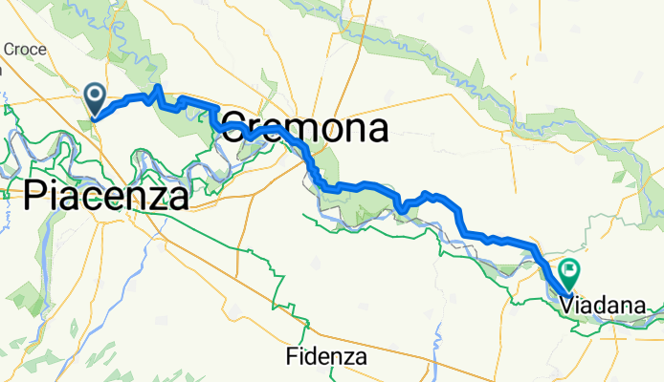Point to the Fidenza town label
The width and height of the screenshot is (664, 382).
pos(327,358)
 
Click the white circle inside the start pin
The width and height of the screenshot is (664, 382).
pos(96,93)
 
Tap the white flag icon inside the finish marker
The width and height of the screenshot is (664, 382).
pos(570,269)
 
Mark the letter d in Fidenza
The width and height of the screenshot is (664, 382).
pos(310,358)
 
